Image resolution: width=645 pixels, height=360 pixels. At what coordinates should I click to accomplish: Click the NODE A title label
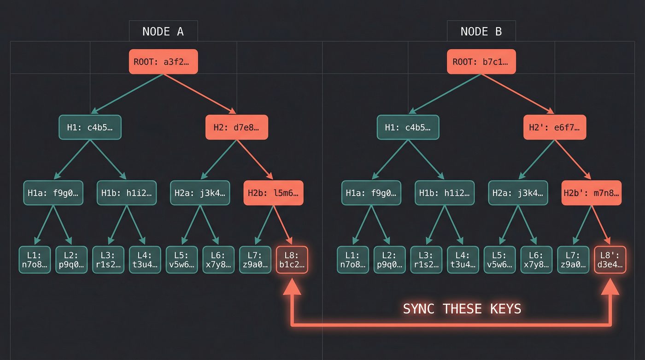click(163, 31)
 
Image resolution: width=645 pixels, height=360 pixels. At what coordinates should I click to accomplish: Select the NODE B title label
click(481, 31)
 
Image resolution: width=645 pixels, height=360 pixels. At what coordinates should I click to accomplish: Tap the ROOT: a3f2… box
click(164, 62)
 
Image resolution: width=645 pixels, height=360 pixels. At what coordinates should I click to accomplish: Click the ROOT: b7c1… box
click(481, 62)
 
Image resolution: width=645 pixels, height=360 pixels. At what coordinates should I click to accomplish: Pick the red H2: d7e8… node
click(236, 127)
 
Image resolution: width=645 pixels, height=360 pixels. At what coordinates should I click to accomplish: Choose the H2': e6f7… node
click(555, 127)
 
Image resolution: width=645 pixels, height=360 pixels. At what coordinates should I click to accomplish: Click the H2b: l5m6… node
click(273, 193)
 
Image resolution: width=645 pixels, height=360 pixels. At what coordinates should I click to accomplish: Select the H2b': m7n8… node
click(592, 193)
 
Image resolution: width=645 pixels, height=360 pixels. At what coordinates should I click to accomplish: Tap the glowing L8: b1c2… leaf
click(292, 260)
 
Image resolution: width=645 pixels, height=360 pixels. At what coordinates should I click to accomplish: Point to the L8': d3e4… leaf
click(610, 260)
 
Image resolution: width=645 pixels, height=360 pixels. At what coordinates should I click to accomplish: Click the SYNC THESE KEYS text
click(462, 309)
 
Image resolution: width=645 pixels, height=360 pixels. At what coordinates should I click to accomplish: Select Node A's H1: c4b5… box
click(90, 127)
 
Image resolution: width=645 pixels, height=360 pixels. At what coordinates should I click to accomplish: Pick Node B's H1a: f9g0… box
click(371, 193)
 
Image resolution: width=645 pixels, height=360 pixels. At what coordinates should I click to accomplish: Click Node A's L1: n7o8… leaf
click(35, 260)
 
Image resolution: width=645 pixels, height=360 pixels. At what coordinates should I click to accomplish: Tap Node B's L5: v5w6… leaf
click(499, 260)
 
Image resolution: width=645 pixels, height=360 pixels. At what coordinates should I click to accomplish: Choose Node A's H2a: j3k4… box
click(200, 193)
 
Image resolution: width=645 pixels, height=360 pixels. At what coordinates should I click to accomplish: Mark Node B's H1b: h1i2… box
click(445, 193)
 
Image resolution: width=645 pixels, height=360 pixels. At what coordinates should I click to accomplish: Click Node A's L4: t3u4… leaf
click(145, 260)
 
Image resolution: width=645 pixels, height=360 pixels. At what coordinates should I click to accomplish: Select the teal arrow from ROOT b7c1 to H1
click(445, 94)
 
